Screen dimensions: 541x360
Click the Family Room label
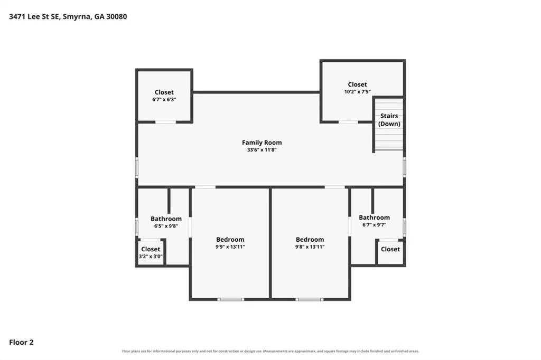click(262, 143)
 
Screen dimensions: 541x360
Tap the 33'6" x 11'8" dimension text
click(262, 150)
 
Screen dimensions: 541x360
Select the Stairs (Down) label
click(389, 120)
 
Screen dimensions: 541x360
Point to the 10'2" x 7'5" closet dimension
click(358, 92)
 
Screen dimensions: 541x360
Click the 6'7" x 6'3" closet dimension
click(164, 99)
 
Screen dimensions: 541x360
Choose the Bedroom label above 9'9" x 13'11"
click(230, 239)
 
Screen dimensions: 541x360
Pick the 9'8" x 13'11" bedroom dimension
click(310, 247)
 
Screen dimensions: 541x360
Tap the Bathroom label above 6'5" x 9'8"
click(166, 219)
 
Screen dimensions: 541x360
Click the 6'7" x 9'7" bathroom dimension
click(375, 225)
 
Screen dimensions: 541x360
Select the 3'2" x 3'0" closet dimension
click(151, 256)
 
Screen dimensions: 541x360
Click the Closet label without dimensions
click(390, 249)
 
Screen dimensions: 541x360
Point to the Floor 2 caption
click(21, 342)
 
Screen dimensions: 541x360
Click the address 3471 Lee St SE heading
click(68, 16)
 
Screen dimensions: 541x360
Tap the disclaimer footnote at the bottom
click(270, 351)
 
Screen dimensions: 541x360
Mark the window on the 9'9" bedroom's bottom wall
click(231, 299)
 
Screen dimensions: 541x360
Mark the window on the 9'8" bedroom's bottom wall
click(310, 299)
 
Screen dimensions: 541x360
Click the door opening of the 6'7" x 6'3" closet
click(165, 122)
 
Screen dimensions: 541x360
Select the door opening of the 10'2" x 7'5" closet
click(348, 122)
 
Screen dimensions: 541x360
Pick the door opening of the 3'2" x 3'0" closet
click(151, 240)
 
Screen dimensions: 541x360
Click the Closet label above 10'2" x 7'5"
click(358, 84)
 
